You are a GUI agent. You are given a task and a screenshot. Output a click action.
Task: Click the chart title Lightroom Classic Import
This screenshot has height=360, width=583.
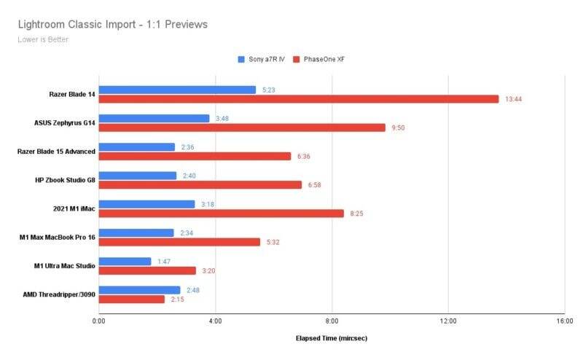pos(113,25)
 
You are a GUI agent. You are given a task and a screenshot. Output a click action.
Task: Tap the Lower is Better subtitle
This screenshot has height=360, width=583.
pos(43,39)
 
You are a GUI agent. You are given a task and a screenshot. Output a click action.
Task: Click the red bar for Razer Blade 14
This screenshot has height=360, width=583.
pos(299,99)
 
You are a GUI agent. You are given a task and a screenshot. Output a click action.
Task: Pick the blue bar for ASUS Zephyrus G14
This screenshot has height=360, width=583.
pos(154,118)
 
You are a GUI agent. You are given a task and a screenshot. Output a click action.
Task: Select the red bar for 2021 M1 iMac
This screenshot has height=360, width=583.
pos(221,214)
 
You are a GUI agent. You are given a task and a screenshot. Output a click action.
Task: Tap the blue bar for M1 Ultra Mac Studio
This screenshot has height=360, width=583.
pos(125,261)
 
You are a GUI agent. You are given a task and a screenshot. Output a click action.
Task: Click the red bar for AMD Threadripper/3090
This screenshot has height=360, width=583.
pos(132,300)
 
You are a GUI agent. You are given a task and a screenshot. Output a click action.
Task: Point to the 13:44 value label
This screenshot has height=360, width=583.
pos(514,99)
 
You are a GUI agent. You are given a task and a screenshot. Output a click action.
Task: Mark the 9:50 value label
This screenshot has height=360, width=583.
pos(398,128)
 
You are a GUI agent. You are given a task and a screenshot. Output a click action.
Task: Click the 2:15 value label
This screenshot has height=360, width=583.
pos(178,300)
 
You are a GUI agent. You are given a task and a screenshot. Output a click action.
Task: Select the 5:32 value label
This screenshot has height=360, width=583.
pos(273,242)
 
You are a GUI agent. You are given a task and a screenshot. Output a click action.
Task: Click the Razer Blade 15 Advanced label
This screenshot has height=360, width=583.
pos(56,152)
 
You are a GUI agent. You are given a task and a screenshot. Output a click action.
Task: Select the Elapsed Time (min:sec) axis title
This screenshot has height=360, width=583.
pos(332,339)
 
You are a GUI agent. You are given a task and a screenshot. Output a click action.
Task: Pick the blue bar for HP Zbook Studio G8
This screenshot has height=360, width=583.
pos(138,176)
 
